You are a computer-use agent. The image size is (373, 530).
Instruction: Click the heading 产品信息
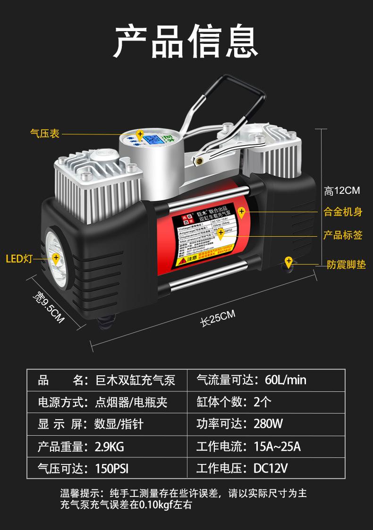click(x=186, y=41)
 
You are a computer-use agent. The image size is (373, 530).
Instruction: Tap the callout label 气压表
click(x=45, y=134)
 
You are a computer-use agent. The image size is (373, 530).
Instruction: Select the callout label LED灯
click(x=19, y=258)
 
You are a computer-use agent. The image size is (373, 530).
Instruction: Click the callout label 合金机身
click(x=343, y=212)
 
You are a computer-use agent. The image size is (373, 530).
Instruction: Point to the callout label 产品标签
click(x=343, y=235)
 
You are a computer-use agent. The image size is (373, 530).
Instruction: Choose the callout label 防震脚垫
click(x=346, y=265)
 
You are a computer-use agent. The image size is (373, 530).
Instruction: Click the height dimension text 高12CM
click(x=342, y=190)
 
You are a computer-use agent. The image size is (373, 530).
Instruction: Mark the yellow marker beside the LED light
click(x=56, y=258)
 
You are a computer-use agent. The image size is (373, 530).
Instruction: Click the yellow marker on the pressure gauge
click(x=140, y=135)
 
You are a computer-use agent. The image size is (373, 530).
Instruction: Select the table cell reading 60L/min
click(x=286, y=380)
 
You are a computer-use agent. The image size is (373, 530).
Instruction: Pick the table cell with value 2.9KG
click(x=110, y=447)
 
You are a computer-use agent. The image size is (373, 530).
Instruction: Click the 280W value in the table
click(x=268, y=424)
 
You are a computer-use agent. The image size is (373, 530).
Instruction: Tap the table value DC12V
click(x=271, y=468)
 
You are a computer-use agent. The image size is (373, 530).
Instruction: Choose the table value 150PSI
click(x=111, y=469)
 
